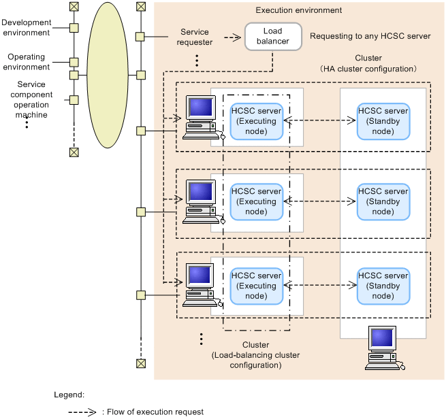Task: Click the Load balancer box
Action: pyautogui.click(x=272, y=36)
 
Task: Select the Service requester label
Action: pyautogui.click(x=195, y=37)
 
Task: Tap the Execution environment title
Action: pyautogui.click(x=298, y=11)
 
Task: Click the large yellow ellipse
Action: pyautogui.click(x=108, y=75)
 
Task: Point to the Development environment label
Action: pyautogui.click(x=27, y=28)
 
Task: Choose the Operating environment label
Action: pyautogui.click(x=27, y=63)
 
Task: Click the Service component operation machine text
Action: pyautogui.click(x=27, y=99)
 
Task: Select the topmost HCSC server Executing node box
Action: pyautogui.click(x=256, y=121)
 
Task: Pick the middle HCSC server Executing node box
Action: pyautogui.click(x=256, y=201)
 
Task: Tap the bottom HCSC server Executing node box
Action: pyautogui.click(x=256, y=286)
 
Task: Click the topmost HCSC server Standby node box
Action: pyautogui.click(x=383, y=121)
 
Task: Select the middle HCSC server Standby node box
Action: pyautogui.click(x=383, y=201)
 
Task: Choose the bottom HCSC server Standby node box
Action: pyautogui.click(x=383, y=286)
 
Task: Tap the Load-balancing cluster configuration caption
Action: pyautogui.click(x=255, y=355)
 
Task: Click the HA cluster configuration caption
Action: pyautogui.click(x=368, y=64)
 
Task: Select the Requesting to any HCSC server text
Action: pyautogui.click(x=370, y=36)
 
